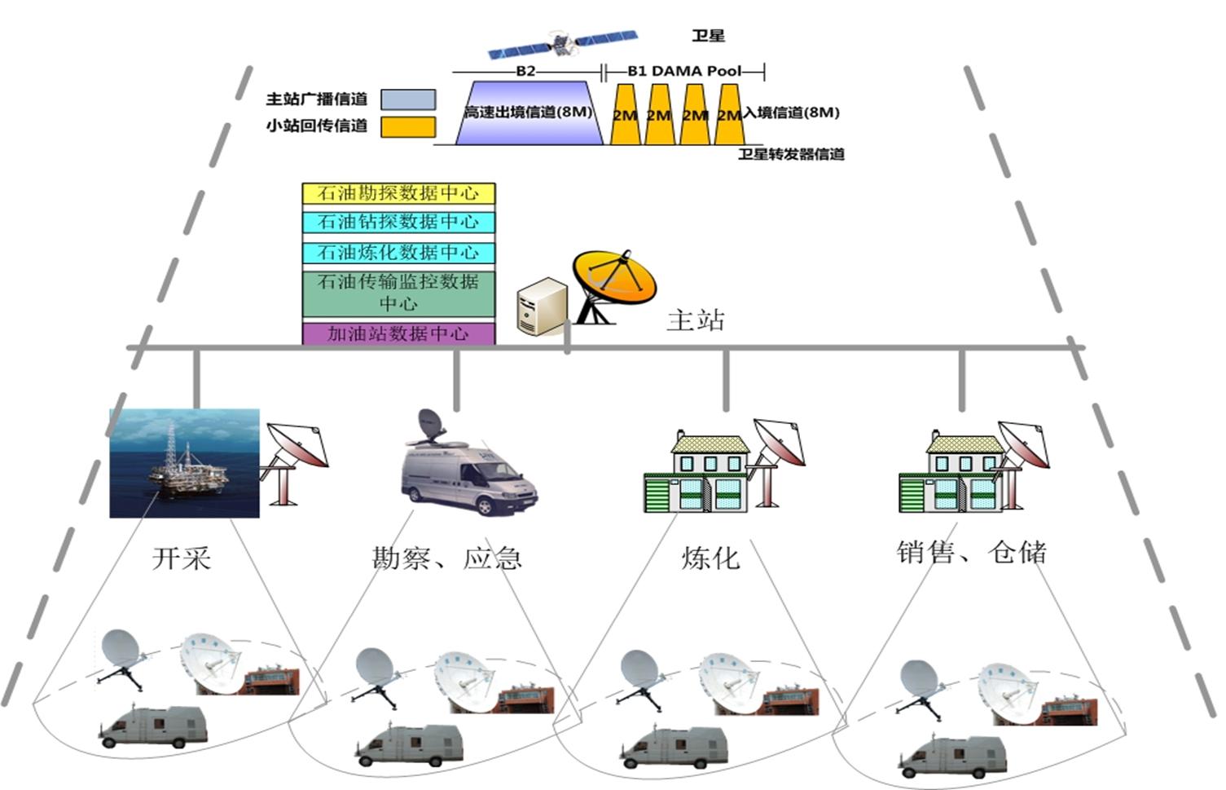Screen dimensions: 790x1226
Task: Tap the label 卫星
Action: pyautogui.click(x=708, y=36)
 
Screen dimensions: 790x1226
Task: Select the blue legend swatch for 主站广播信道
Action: pyautogui.click(x=407, y=99)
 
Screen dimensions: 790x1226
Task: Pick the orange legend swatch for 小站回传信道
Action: pyautogui.click(x=407, y=126)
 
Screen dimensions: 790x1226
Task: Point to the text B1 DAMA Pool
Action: pyautogui.click(x=684, y=71)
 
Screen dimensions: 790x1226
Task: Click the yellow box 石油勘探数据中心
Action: pyautogui.click(x=398, y=193)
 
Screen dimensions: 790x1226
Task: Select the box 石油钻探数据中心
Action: pyautogui.click(x=398, y=222)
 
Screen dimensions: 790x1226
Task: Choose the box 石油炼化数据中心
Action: pyautogui.click(x=398, y=252)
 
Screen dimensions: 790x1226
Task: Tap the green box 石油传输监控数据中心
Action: pyautogui.click(x=398, y=293)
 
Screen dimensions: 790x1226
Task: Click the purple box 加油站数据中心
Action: pyautogui.click(x=398, y=333)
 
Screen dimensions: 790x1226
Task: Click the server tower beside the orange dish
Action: pyautogui.click(x=541, y=307)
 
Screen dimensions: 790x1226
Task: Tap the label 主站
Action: pyautogui.click(x=695, y=320)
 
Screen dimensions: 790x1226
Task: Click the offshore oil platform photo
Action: pyautogui.click(x=185, y=463)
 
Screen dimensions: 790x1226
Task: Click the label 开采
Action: pyautogui.click(x=182, y=558)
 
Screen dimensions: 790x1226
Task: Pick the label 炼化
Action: pyautogui.click(x=710, y=558)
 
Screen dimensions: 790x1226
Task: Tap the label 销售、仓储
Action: pyautogui.click(x=971, y=553)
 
